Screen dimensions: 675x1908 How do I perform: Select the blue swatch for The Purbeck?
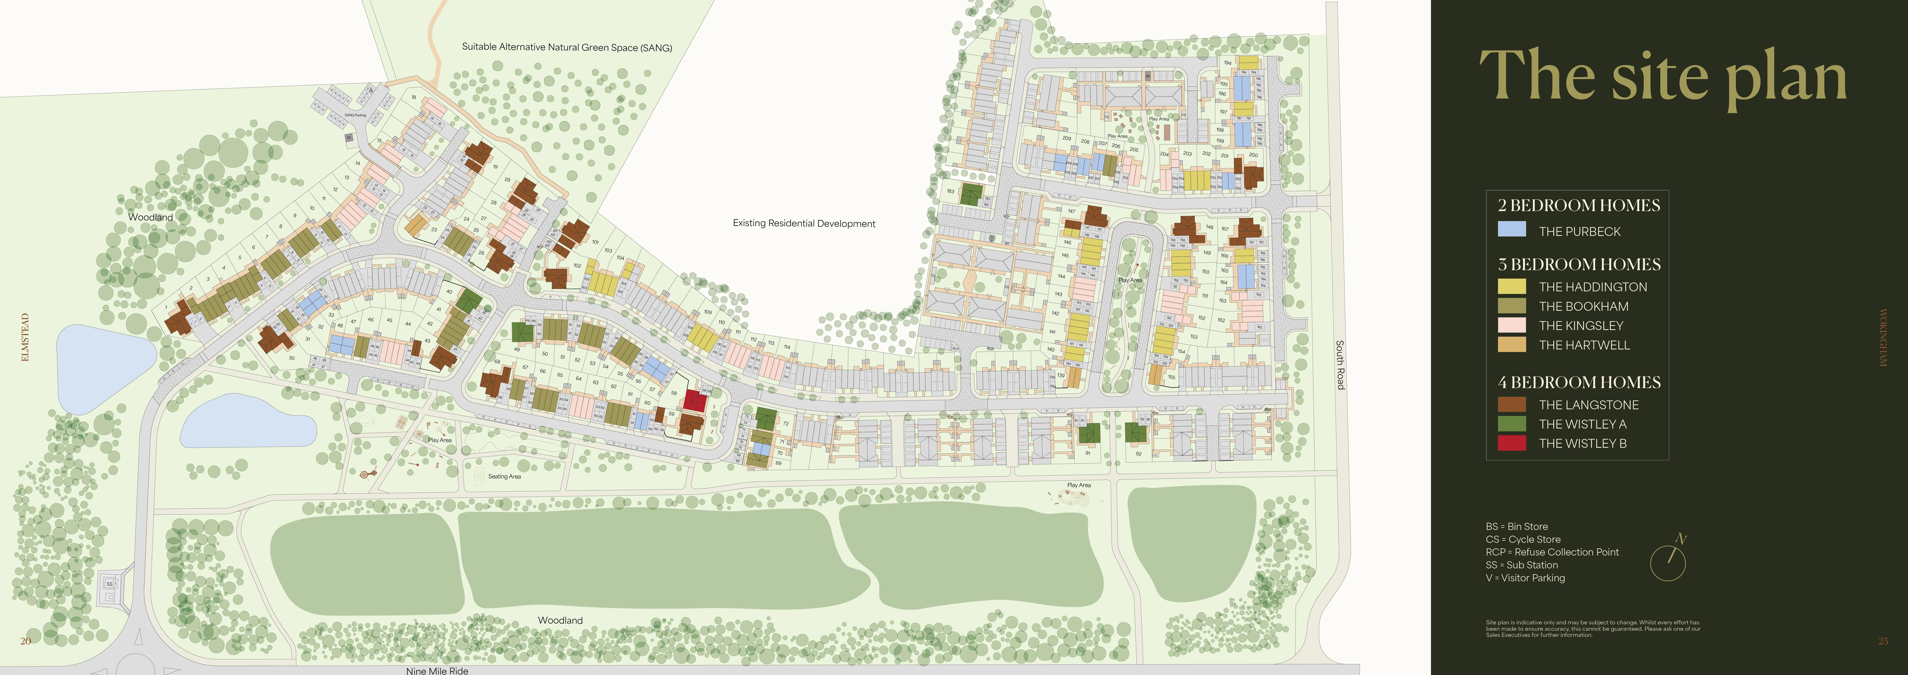click(x=1511, y=230)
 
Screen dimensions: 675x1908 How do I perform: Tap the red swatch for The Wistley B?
click(x=1511, y=443)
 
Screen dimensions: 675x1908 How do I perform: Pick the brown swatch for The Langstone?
click(x=1511, y=404)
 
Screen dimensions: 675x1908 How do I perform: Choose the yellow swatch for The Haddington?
click(x=1511, y=286)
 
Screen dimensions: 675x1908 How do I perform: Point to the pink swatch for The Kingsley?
click(x=1511, y=325)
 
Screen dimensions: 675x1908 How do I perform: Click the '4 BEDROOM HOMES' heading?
click(x=1578, y=382)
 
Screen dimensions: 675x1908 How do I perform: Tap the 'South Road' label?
click(x=1340, y=365)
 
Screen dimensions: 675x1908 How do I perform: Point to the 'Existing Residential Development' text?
click(x=804, y=223)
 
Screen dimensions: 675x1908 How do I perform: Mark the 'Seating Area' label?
click(x=504, y=476)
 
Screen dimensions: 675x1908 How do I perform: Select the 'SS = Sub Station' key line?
click(x=1521, y=565)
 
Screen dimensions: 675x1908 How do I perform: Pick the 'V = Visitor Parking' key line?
click(x=1525, y=578)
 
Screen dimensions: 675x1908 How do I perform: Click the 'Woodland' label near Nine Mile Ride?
click(x=560, y=620)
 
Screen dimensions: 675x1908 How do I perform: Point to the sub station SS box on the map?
click(x=110, y=584)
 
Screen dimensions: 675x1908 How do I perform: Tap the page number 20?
click(x=25, y=641)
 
